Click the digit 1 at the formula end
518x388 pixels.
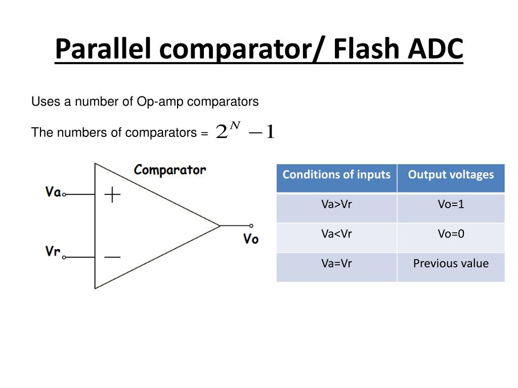click(x=270, y=133)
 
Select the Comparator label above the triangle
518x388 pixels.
click(x=170, y=170)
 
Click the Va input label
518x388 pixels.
click(x=53, y=192)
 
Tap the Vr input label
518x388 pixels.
click(x=53, y=251)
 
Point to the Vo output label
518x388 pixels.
click(x=251, y=239)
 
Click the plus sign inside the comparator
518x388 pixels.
click(x=112, y=195)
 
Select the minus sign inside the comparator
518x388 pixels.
click(x=112, y=257)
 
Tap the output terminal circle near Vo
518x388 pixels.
click(x=251, y=226)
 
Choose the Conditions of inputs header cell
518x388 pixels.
click(x=336, y=175)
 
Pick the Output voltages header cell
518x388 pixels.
click(x=451, y=175)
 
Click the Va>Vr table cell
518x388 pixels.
click(x=336, y=205)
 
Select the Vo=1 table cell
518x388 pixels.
click(x=451, y=205)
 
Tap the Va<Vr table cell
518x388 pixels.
click(x=336, y=234)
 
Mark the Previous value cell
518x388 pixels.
click(x=451, y=263)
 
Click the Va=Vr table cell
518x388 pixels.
click(x=336, y=263)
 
